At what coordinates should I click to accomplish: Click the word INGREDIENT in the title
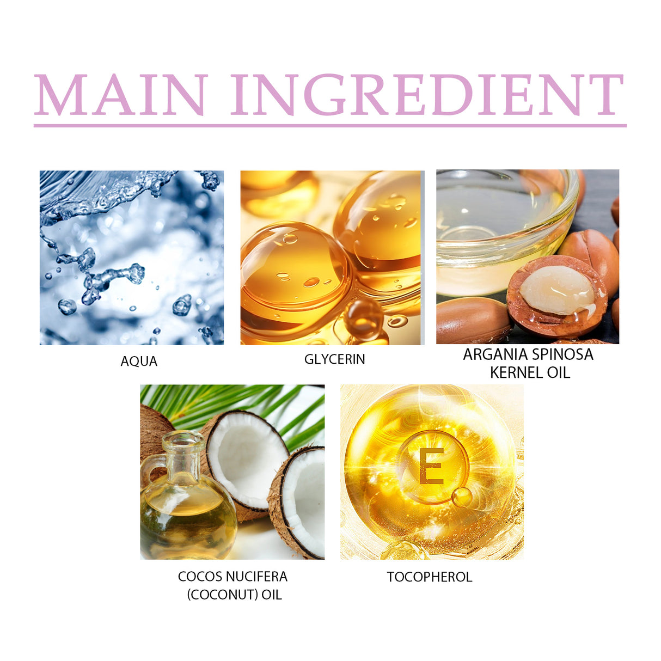[427, 95]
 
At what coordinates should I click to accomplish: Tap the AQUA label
[139, 362]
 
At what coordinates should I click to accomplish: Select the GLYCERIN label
[334, 359]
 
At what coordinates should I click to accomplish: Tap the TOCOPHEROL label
[430, 577]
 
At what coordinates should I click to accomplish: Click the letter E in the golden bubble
[431, 467]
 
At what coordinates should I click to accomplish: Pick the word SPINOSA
[562, 354]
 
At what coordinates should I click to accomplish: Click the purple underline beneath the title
[330, 126]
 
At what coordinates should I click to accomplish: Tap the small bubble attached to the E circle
[462, 496]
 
